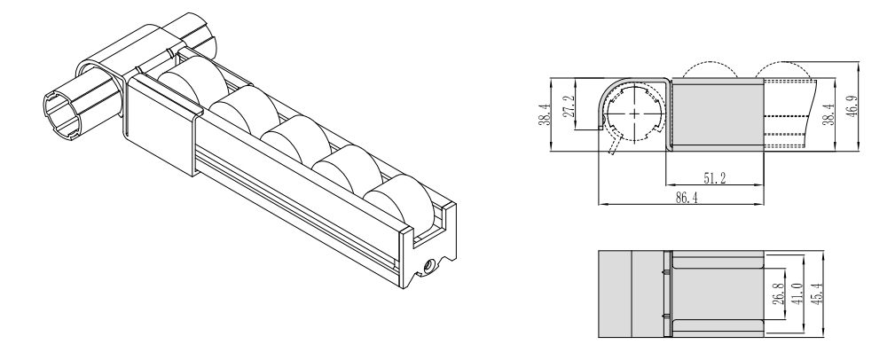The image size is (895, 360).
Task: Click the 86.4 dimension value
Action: click(x=687, y=198)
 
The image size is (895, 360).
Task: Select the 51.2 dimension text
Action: click(x=715, y=178)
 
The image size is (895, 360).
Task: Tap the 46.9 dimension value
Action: click(x=852, y=106)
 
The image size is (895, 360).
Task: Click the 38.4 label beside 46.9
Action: click(x=828, y=113)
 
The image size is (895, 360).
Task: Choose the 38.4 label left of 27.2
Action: click(x=544, y=114)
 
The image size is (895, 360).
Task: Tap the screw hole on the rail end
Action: click(x=426, y=265)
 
